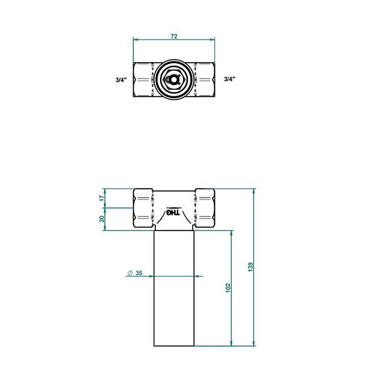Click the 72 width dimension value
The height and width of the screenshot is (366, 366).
[x=174, y=36]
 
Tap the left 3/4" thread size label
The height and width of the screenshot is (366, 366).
[x=121, y=80]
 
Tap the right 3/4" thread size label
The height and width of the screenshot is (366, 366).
[x=229, y=79]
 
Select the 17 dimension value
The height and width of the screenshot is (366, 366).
[x=102, y=198]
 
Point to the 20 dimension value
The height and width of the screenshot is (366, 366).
[x=102, y=219]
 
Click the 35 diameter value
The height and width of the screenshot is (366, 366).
[x=138, y=273]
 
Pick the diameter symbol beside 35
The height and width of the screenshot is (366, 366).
[x=130, y=273]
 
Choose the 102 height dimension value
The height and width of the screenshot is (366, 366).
[x=228, y=288]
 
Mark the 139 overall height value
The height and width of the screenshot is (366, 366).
[x=250, y=267]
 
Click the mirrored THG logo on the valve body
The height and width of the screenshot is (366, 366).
[x=173, y=212]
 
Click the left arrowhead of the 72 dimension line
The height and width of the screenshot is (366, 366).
[x=136, y=40]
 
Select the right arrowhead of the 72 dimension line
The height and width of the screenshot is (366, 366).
[x=212, y=40]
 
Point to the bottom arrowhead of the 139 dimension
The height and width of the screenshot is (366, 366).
[x=254, y=343]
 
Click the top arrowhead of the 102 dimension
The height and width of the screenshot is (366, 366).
[x=232, y=233]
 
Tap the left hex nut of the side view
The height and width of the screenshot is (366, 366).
[x=143, y=208]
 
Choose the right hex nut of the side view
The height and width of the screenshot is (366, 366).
[x=204, y=208]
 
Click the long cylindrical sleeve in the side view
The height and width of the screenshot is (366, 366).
[x=174, y=288]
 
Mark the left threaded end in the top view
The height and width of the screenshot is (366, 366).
[x=143, y=80]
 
